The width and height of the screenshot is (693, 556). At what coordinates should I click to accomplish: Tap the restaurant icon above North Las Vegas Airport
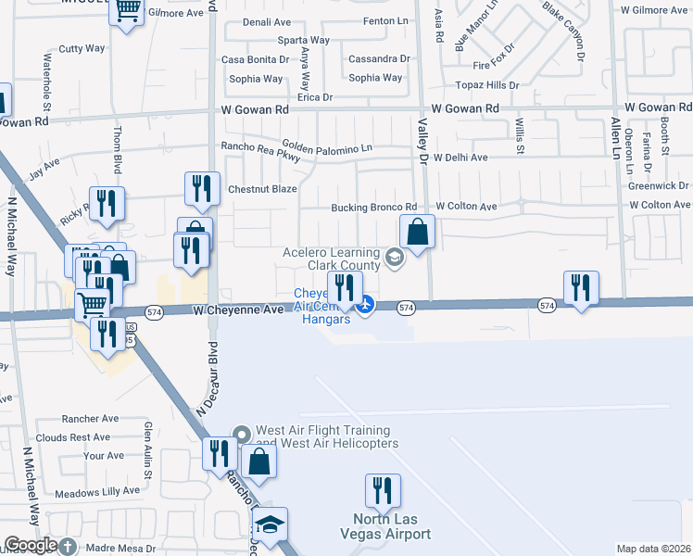[x=383, y=491]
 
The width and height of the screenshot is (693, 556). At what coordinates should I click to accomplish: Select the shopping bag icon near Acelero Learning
[x=418, y=233]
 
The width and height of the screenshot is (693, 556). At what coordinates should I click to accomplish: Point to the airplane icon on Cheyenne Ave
[x=366, y=303]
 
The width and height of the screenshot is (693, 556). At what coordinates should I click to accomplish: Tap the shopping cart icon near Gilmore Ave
[x=127, y=11]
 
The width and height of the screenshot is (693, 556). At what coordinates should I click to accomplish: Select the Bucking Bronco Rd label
[x=374, y=208]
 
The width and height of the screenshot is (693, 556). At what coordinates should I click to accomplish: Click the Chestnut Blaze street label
[x=262, y=189]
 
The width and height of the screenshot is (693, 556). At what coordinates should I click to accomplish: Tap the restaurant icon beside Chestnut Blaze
[x=201, y=190]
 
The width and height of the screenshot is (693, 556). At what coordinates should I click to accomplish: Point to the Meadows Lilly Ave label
[x=97, y=491]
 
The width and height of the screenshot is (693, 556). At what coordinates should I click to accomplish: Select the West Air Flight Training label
[x=321, y=436]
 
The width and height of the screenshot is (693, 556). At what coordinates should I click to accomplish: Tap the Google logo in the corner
[x=30, y=544]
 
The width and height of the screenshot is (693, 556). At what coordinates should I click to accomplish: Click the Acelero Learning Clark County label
[x=332, y=259]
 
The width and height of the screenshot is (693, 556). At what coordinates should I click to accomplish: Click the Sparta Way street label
[x=304, y=41]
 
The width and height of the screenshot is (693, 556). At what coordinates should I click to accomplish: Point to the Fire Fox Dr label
[x=493, y=66]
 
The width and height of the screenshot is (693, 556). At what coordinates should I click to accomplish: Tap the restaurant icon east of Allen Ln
[x=581, y=287]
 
